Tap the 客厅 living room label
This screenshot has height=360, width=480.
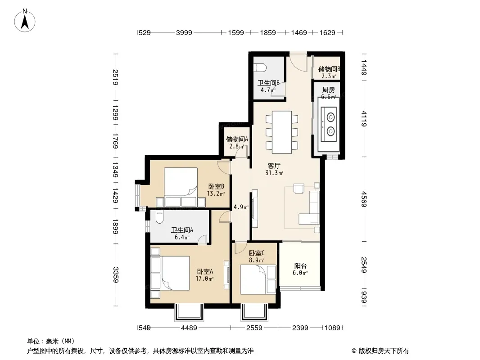tap(274, 166)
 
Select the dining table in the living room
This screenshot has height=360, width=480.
tap(282, 132)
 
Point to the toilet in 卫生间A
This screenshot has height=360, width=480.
tap(160, 216)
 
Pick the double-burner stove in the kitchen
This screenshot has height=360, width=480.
tap(328, 125)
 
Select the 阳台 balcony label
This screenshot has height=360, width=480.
tap(300, 265)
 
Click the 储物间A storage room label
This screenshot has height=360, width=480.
tap(237, 139)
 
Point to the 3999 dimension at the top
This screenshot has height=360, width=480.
tap(184, 32)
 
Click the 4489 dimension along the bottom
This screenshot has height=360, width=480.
tap(189, 328)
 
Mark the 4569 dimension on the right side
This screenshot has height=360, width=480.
tap(364, 199)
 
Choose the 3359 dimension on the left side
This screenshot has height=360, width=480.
tap(115, 274)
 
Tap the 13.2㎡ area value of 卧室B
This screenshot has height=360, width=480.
tap(216, 193)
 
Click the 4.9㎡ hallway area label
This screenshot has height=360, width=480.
tap(241, 207)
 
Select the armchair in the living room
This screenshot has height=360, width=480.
tap(299, 189)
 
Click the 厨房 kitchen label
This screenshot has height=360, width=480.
tap(328, 90)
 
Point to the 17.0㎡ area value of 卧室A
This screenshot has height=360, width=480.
tap(204, 279)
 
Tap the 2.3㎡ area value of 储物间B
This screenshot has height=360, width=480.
tap(329, 76)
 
